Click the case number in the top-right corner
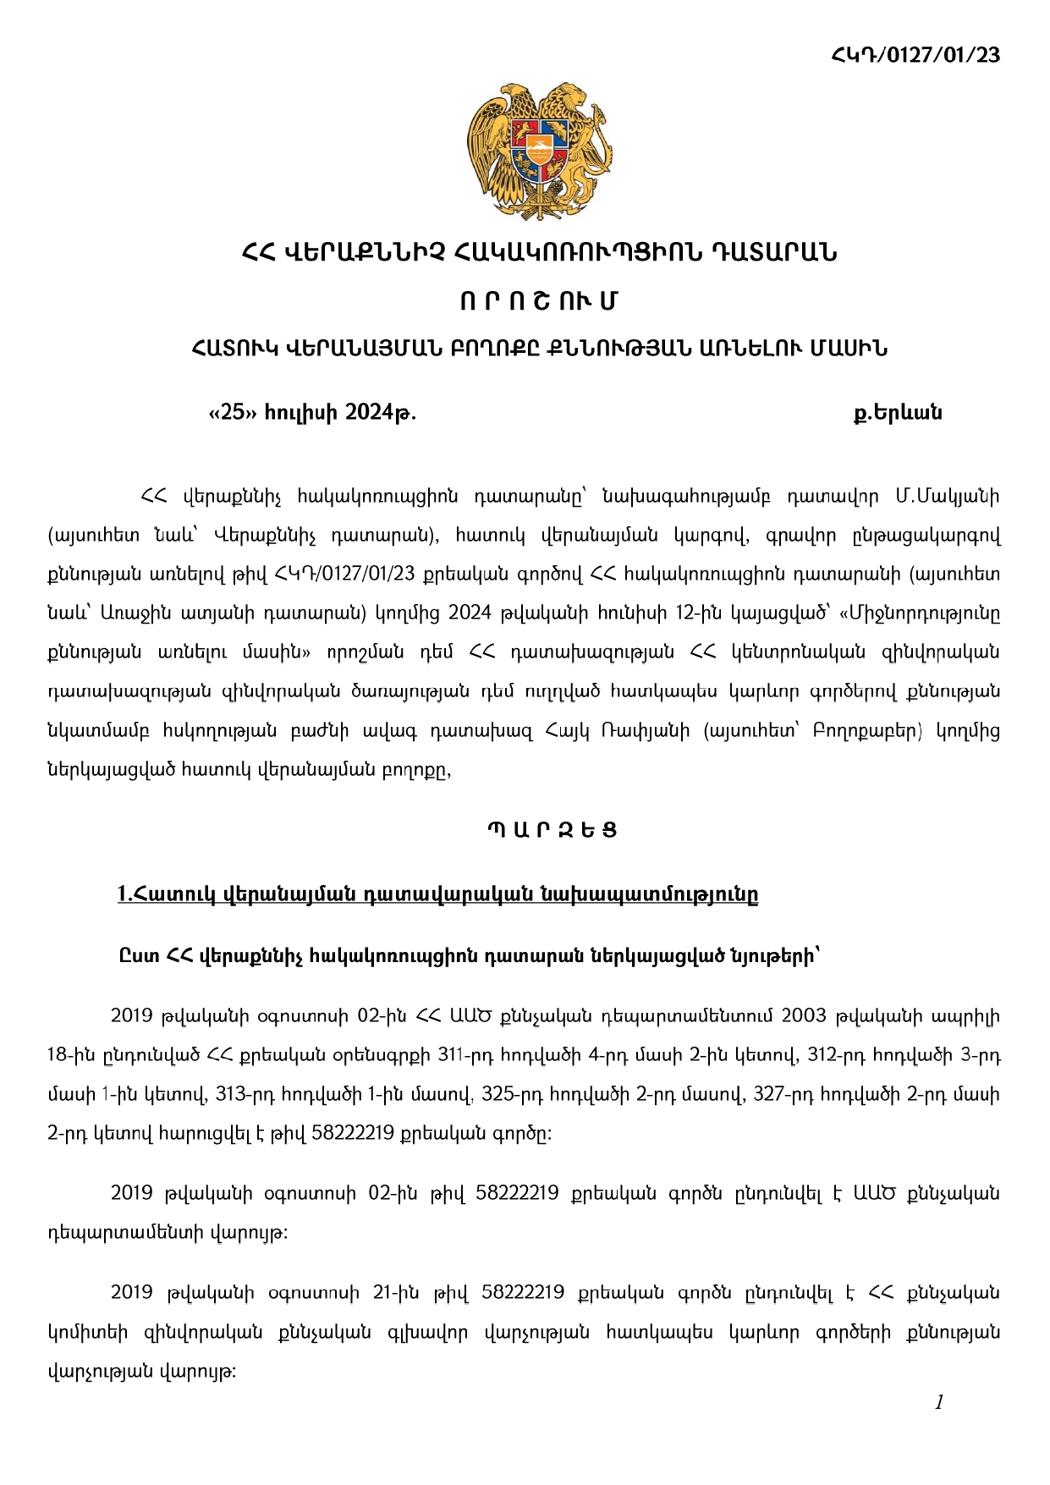(915, 55)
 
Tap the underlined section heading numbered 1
(437, 894)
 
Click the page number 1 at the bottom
(938, 1402)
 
